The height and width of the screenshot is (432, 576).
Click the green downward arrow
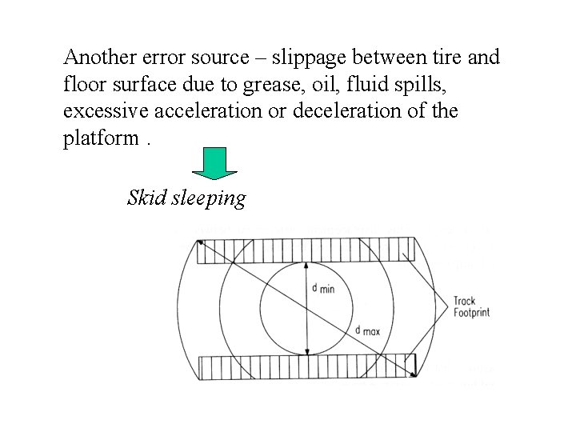click(x=216, y=164)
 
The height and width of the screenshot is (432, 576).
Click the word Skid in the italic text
click(x=146, y=197)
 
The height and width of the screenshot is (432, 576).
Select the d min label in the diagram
click(x=322, y=288)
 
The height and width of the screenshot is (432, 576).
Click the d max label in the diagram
click(x=368, y=330)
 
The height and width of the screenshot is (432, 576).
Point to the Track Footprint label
click(x=471, y=307)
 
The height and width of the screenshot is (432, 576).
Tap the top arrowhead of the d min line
click(x=307, y=266)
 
